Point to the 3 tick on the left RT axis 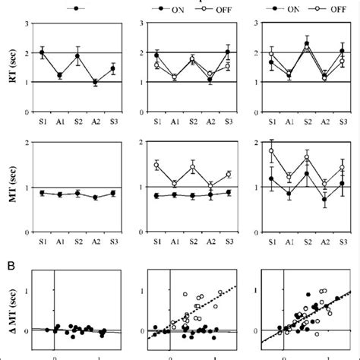[x=27, y=24]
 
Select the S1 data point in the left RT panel [x=42, y=52]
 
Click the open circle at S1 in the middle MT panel [x=156, y=165]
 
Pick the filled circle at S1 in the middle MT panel [x=156, y=196]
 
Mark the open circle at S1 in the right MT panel [x=272, y=150]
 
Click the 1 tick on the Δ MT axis [x=27, y=290]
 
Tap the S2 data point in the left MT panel [x=77, y=194]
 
